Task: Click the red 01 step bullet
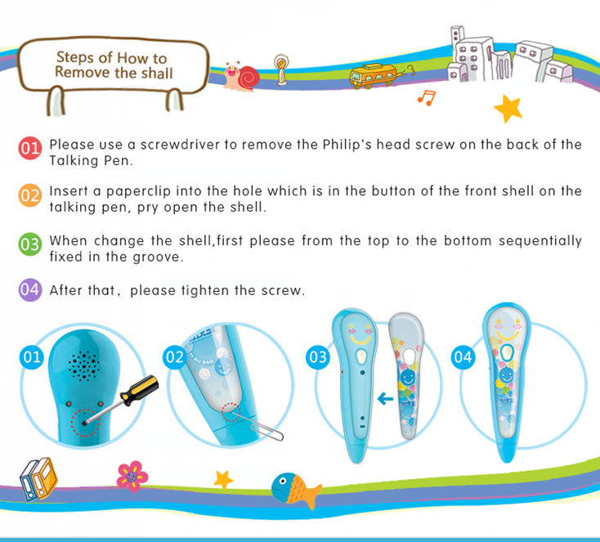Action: pyautogui.click(x=30, y=148)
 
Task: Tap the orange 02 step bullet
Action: pyautogui.click(x=30, y=195)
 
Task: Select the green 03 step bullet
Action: pyautogui.click(x=30, y=244)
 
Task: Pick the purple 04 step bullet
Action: pyautogui.click(x=30, y=289)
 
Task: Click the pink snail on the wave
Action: pyautogui.click(x=242, y=76)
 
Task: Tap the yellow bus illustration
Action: pyautogui.click(x=373, y=75)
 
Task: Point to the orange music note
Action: pyautogui.click(x=427, y=97)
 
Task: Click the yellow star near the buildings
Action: pyautogui.click(x=508, y=109)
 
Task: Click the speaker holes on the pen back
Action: pyautogui.click(x=84, y=365)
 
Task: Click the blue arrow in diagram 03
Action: pyautogui.click(x=385, y=399)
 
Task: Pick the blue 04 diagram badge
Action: pyautogui.click(x=463, y=357)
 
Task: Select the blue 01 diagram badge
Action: pyautogui.click(x=32, y=357)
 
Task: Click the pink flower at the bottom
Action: pyautogui.click(x=132, y=476)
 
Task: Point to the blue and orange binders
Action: pyautogui.click(x=38, y=479)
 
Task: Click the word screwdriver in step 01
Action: pyautogui.click(x=180, y=145)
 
